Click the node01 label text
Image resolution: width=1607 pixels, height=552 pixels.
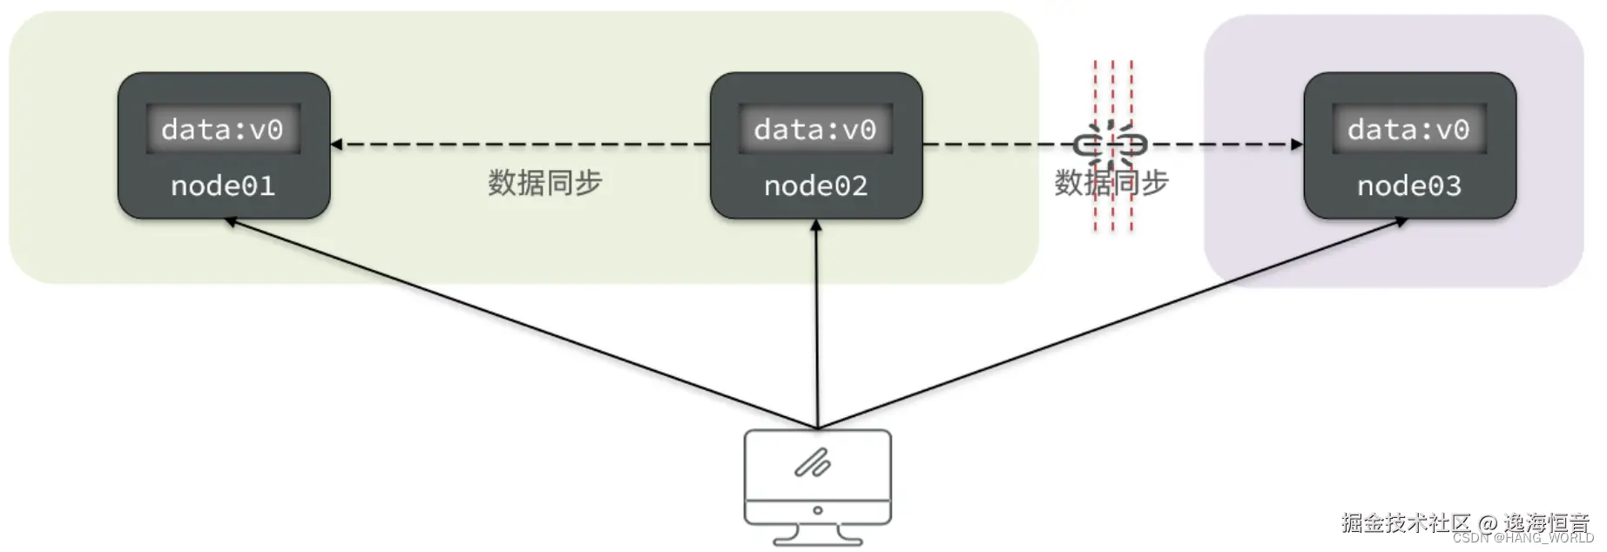click(223, 185)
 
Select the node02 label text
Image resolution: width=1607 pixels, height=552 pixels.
click(815, 185)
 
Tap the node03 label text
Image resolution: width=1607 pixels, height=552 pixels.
click(1408, 185)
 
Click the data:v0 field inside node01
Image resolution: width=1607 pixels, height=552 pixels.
click(223, 130)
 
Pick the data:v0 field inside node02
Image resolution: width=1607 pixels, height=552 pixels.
click(815, 130)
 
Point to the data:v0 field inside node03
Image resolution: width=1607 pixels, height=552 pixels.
click(1408, 130)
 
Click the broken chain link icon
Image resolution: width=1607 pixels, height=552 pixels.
click(1111, 144)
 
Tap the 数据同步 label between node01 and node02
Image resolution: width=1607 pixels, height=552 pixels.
click(544, 183)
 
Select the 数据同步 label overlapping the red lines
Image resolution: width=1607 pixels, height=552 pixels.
click(1111, 183)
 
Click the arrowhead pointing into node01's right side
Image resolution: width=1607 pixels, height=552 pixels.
click(336, 145)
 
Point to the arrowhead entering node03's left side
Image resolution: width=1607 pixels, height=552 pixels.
click(1297, 145)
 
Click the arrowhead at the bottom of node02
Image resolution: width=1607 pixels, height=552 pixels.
click(816, 226)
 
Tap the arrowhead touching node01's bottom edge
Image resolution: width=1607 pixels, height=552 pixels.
click(232, 222)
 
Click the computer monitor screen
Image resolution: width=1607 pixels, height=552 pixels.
click(817, 464)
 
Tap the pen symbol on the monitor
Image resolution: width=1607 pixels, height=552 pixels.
click(812, 463)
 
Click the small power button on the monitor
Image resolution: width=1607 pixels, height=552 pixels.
click(817, 510)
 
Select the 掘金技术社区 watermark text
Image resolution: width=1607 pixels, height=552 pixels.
click(1405, 522)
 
